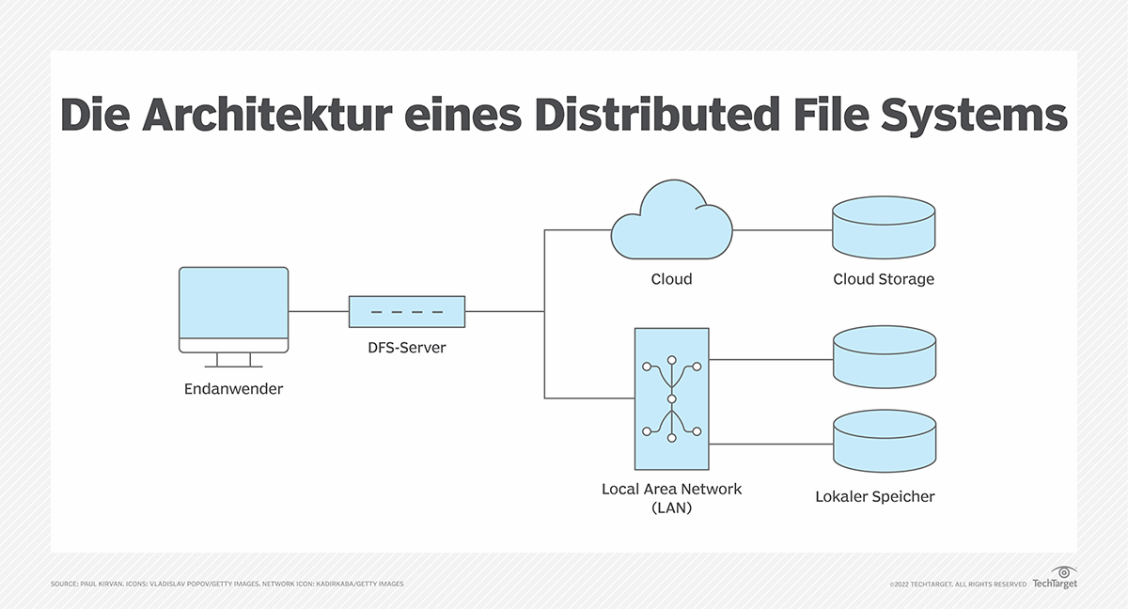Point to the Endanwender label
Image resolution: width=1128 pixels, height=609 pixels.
point(233,388)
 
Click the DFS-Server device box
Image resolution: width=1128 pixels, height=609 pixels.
point(406,311)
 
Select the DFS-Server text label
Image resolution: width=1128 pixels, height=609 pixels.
point(406,348)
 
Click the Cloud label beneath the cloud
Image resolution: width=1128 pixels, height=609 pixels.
point(671,279)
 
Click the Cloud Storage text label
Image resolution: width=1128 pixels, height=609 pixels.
point(884,279)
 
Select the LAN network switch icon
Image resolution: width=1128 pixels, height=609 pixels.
point(671,398)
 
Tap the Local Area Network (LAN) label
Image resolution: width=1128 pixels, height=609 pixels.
point(671,498)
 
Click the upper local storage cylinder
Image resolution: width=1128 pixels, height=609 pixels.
point(884,357)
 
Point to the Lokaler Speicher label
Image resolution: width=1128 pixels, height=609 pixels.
point(874,496)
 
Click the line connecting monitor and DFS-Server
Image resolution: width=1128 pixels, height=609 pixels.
point(318,311)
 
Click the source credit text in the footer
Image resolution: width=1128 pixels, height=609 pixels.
point(227,584)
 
